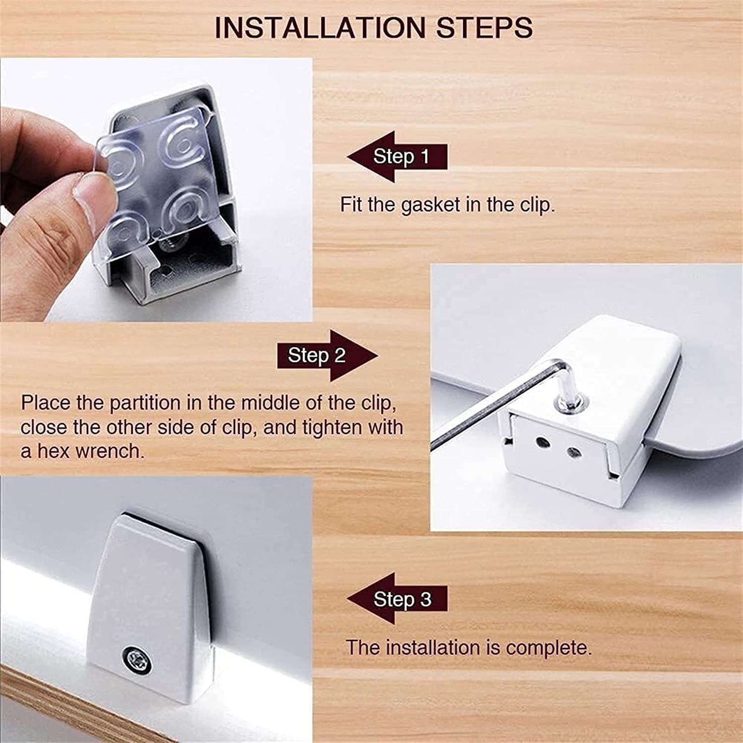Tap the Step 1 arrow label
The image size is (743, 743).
(397, 157)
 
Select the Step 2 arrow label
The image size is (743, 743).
(327, 355)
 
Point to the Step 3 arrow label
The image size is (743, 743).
(397, 599)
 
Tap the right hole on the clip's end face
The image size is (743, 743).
(574, 452)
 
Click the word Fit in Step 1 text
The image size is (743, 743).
(351, 204)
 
